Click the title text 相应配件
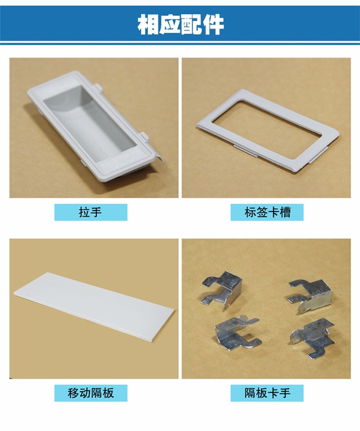click(181, 24)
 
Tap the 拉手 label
click(91, 212)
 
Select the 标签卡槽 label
click(267, 212)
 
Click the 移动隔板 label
click(91, 393)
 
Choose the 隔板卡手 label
click(267, 393)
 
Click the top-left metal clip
click(222, 289)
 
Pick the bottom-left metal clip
click(236, 333)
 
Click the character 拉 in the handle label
click(84, 212)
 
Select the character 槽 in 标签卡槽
click(285, 212)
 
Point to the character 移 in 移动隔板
click(73, 393)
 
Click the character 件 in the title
click(214, 24)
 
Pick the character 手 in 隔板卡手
click(285, 393)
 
